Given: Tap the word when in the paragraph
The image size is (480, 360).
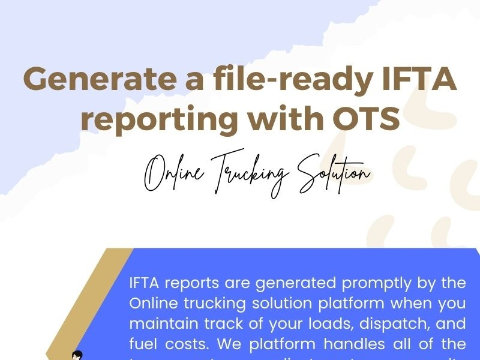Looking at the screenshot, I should (412, 304).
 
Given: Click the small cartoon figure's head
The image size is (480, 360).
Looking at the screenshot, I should (77, 355).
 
